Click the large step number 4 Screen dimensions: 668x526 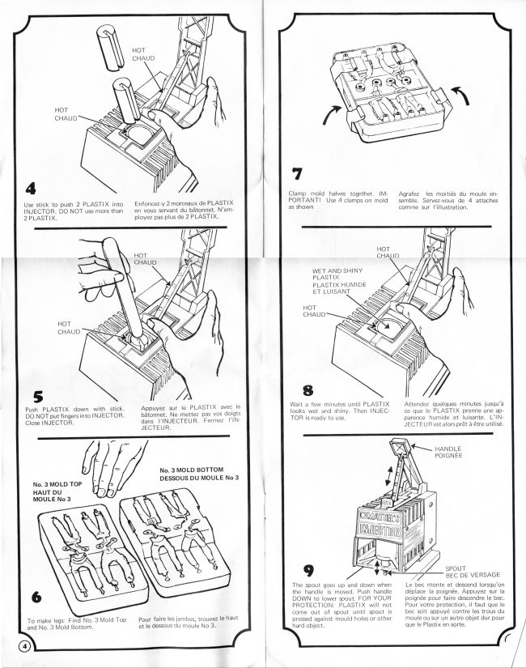[32, 188]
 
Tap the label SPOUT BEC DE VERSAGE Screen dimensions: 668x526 [474, 574]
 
